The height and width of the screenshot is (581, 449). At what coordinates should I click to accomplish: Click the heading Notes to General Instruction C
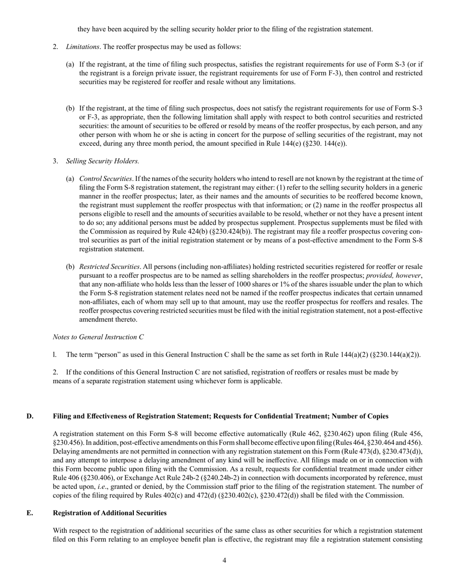[x=98, y=337]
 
